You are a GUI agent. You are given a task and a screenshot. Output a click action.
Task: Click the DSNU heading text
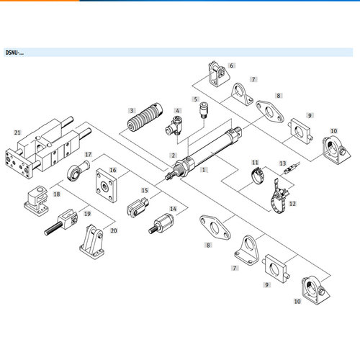[14, 53]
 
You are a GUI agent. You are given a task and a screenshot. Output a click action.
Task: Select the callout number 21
[17, 132]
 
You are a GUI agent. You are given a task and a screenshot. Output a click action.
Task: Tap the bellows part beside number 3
[145, 117]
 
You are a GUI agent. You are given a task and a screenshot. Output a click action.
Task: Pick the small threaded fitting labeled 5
[204, 110]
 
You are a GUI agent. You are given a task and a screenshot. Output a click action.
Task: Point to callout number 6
[232, 66]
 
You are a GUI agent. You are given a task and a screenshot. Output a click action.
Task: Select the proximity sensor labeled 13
[292, 168]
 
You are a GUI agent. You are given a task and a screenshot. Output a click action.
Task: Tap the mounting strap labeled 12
[279, 196]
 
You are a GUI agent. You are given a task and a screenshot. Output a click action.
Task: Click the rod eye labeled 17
[78, 170]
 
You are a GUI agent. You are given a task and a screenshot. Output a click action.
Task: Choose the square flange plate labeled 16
[107, 185]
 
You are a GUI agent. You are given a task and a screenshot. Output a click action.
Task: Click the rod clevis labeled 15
[138, 207]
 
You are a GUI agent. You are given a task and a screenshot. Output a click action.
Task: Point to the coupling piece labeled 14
[161, 223]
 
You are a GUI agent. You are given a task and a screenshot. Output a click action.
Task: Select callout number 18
[57, 194]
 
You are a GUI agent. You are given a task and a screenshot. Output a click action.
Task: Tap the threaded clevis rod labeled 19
[61, 222]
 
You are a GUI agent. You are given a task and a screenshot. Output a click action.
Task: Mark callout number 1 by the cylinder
[204, 170]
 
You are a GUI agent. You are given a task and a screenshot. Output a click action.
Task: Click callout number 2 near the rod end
[174, 156]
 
